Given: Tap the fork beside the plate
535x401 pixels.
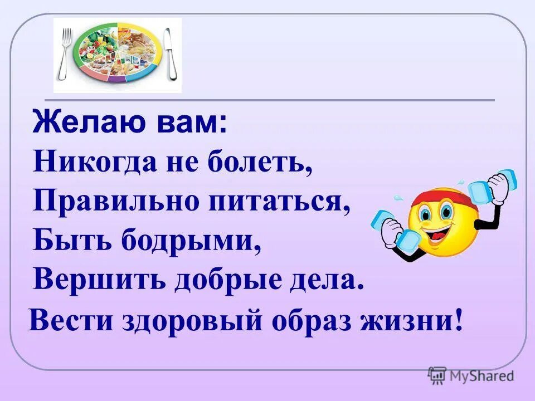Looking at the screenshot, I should [66, 54].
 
